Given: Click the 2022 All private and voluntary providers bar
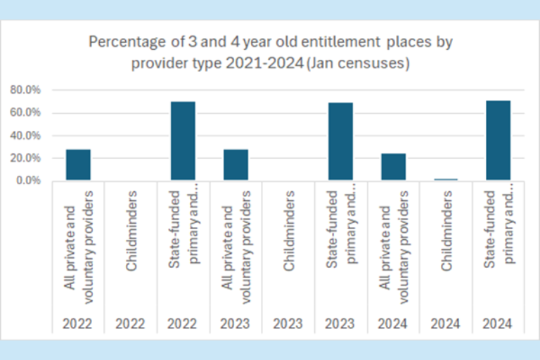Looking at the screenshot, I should (x=78, y=165).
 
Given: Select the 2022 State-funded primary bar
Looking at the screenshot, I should (x=183, y=141).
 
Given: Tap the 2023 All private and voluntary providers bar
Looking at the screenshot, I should (x=236, y=165).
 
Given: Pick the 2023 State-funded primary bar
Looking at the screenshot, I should (x=340, y=142).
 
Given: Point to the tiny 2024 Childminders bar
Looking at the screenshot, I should (x=446, y=179).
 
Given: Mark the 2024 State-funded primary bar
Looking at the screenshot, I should (x=498, y=141).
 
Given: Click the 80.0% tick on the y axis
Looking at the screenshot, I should (x=26, y=90).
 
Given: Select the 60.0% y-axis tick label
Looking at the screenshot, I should (x=26, y=112).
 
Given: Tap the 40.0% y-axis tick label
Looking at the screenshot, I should (x=26, y=136).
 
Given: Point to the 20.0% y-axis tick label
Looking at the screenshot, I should (x=26, y=158).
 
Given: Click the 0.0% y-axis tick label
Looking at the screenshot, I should (x=28, y=181).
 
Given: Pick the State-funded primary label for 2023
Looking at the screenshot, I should (x=340, y=224).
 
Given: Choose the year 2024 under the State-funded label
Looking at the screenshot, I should (x=498, y=323).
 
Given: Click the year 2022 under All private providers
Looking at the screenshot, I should (x=78, y=323).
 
